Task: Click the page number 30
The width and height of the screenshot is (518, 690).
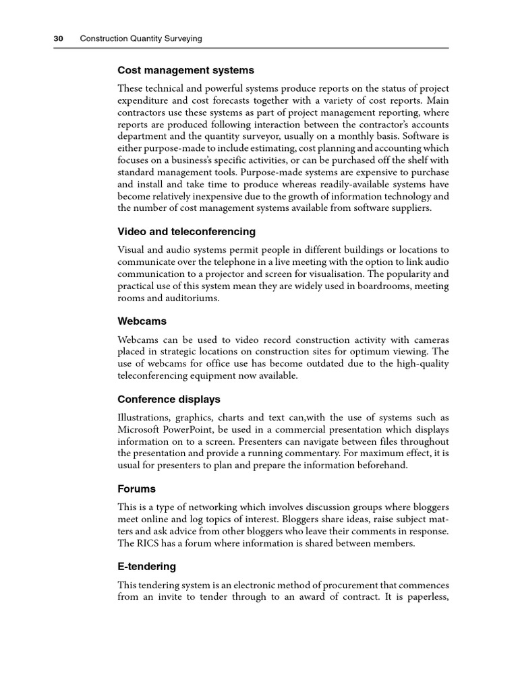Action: (58, 39)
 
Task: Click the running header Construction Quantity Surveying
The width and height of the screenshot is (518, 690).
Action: (141, 39)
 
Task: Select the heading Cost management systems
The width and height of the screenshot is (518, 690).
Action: (186, 70)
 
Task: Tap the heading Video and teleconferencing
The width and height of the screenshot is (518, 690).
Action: (187, 232)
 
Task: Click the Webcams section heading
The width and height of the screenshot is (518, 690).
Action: (142, 321)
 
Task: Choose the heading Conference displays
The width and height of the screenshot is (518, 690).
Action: (169, 400)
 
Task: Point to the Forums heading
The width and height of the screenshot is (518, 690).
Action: (137, 489)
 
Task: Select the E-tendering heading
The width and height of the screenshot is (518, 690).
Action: (147, 567)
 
